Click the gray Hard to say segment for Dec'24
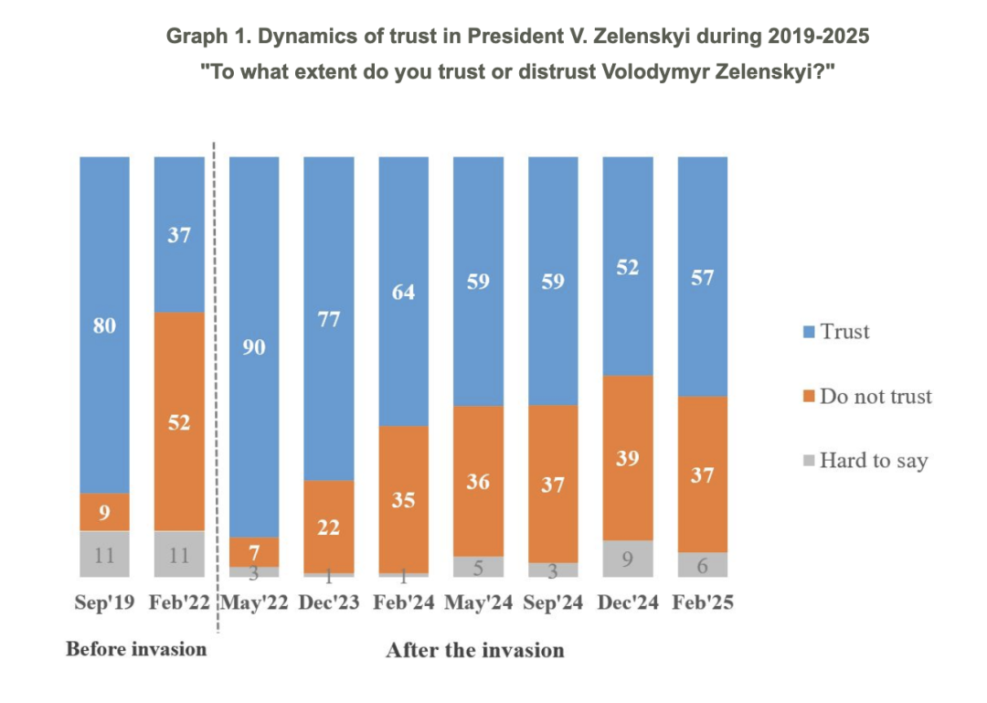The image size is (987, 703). (x=628, y=559)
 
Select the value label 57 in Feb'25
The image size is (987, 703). (x=703, y=277)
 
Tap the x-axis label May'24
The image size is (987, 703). (x=478, y=604)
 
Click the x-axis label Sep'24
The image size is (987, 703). (x=553, y=604)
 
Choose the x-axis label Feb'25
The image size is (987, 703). (x=703, y=604)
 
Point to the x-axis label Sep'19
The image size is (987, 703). (x=104, y=604)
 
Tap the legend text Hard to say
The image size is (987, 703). (x=873, y=460)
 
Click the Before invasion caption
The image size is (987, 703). (x=136, y=649)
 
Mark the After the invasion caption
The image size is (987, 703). (x=474, y=650)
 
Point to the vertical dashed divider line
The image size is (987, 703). (x=217, y=384)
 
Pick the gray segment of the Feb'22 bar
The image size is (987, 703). (x=179, y=554)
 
